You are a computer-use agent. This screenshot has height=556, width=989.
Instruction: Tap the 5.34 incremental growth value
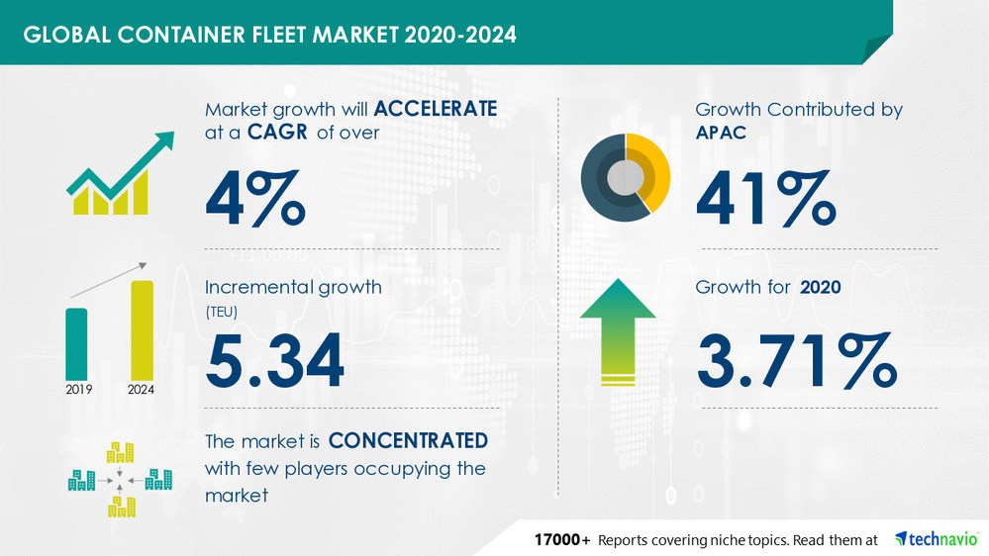click(x=274, y=359)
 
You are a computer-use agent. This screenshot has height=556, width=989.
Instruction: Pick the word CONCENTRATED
click(x=407, y=439)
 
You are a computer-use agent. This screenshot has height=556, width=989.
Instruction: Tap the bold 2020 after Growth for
click(x=821, y=288)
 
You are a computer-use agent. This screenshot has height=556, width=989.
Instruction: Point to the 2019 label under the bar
click(x=78, y=390)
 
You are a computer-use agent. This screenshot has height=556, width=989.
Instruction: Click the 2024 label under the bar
click(x=143, y=390)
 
